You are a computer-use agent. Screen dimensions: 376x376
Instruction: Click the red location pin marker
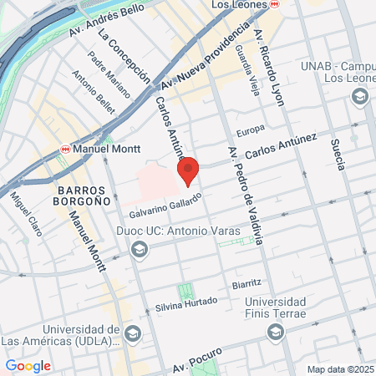188,170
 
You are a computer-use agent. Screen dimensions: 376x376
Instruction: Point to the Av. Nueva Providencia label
206,57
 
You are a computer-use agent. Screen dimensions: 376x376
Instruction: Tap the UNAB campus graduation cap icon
359,97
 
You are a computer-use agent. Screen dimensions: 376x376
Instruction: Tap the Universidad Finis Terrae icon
275,333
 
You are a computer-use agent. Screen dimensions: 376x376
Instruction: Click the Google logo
28,366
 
